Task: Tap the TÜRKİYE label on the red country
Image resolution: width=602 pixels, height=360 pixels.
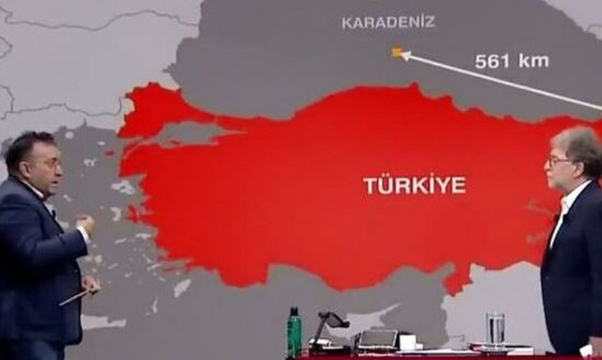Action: (414, 185)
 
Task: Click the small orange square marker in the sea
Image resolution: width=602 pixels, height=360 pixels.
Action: (397, 53)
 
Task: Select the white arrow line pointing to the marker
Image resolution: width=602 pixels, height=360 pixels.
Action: (499, 81)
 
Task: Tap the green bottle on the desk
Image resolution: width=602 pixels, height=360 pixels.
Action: (294, 333)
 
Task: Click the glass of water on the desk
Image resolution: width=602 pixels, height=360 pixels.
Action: (496, 330)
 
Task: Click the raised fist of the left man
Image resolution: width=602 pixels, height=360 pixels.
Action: (86, 226)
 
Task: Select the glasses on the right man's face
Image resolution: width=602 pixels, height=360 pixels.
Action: (561, 163)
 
